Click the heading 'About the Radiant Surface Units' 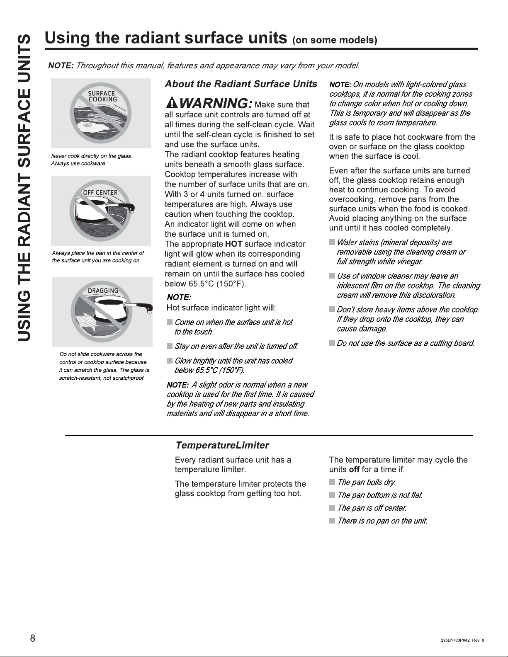241,84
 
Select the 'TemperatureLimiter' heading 222,445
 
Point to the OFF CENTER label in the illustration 100,193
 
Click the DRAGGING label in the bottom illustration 103,291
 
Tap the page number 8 32,638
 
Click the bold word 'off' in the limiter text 354,470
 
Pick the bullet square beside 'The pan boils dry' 332,482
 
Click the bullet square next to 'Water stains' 332,242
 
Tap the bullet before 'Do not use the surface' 332,343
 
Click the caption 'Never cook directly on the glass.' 91,156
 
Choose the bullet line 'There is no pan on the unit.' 382,521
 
